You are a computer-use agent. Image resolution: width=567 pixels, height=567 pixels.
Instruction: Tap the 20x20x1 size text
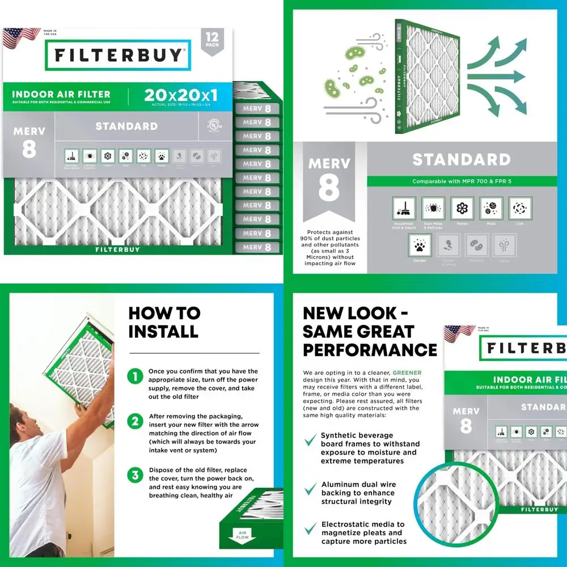[180, 95]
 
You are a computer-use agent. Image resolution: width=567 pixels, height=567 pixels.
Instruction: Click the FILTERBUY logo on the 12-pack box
[119, 55]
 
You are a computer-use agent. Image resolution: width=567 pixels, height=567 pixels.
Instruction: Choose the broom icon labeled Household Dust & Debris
[404, 209]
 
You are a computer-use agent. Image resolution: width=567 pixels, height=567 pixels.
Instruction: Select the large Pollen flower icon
[462, 209]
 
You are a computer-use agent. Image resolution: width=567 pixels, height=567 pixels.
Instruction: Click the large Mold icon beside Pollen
[491, 209]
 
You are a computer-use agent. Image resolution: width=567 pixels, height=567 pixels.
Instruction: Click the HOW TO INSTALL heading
[164, 322]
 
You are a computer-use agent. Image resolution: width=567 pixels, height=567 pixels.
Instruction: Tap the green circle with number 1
[135, 376]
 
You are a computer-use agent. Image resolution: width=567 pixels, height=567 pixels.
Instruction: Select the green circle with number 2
[135, 421]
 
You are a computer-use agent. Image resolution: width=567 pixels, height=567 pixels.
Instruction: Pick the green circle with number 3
[135, 475]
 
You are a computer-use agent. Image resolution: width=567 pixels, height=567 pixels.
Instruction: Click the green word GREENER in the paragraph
[408, 373]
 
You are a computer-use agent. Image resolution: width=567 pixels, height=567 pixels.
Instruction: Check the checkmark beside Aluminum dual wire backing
[310, 489]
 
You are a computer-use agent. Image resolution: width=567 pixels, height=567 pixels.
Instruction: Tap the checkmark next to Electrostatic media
[310, 529]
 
